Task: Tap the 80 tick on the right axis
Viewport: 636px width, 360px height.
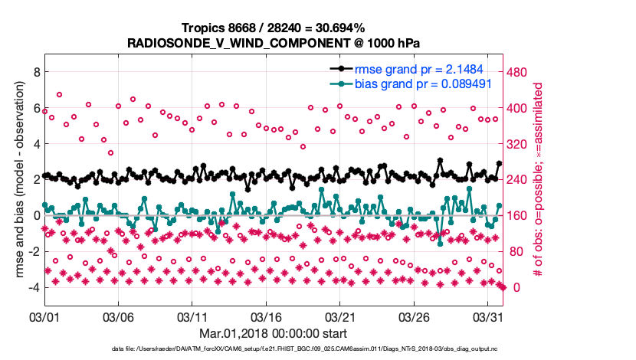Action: [514, 252]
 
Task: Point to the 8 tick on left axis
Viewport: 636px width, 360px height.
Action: [34, 72]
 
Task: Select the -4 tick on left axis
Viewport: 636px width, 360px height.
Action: [32, 288]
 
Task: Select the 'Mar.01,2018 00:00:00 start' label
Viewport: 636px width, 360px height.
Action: [273, 334]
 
